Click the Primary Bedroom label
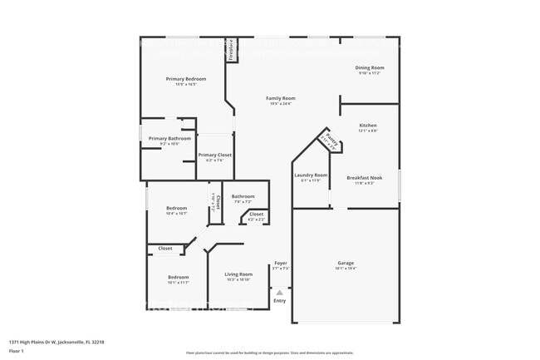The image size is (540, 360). tap(186, 79)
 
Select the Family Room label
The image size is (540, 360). tap(281, 98)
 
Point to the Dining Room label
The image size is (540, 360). tap(370, 67)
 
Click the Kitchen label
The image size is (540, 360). tap(368, 126)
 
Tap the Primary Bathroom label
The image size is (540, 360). tap(164, 138)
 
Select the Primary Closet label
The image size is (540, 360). tap(214, 155)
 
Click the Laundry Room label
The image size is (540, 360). tap(311, 175)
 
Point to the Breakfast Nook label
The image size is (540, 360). tap(365, 177)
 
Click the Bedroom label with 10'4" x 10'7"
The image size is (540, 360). tap(177, 208)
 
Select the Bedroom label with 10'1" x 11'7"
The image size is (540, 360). tap(179, 277)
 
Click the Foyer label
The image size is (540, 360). tap(281, 263)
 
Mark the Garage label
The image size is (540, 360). tap(345, 263)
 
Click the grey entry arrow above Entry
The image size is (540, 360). tap(280, 292)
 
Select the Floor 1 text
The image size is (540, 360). tap(17, 351)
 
